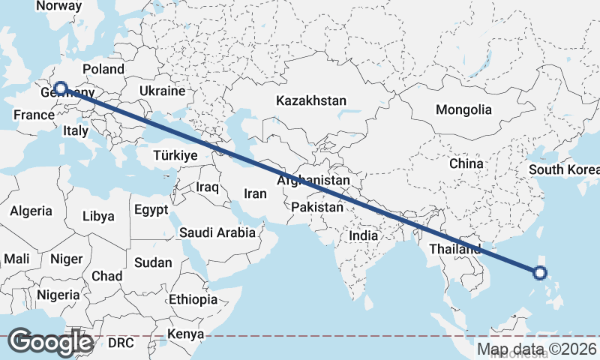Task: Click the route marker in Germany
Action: pos(60,88)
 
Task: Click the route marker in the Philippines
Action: pos(539,273)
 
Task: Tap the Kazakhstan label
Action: pos(311,100)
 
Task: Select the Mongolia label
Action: pos(463,109)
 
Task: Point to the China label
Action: pos(466,163)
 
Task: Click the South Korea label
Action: pos(564,169)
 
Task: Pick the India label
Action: pos(364,235)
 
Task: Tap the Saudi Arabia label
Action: pos(217,232)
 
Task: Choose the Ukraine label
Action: pos(162,91)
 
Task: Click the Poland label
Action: pos(103,69)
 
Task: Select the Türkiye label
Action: pos(175,155)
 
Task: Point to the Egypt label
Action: pos(151,210)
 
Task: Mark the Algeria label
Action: pos(31,211)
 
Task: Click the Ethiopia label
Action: pos(193,299)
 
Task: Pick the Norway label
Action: pos(58,5)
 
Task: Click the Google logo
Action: pos(50,342)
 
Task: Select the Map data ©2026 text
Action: pos(537,349)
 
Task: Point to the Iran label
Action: pos(255,193)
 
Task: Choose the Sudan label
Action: pos(153,262)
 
